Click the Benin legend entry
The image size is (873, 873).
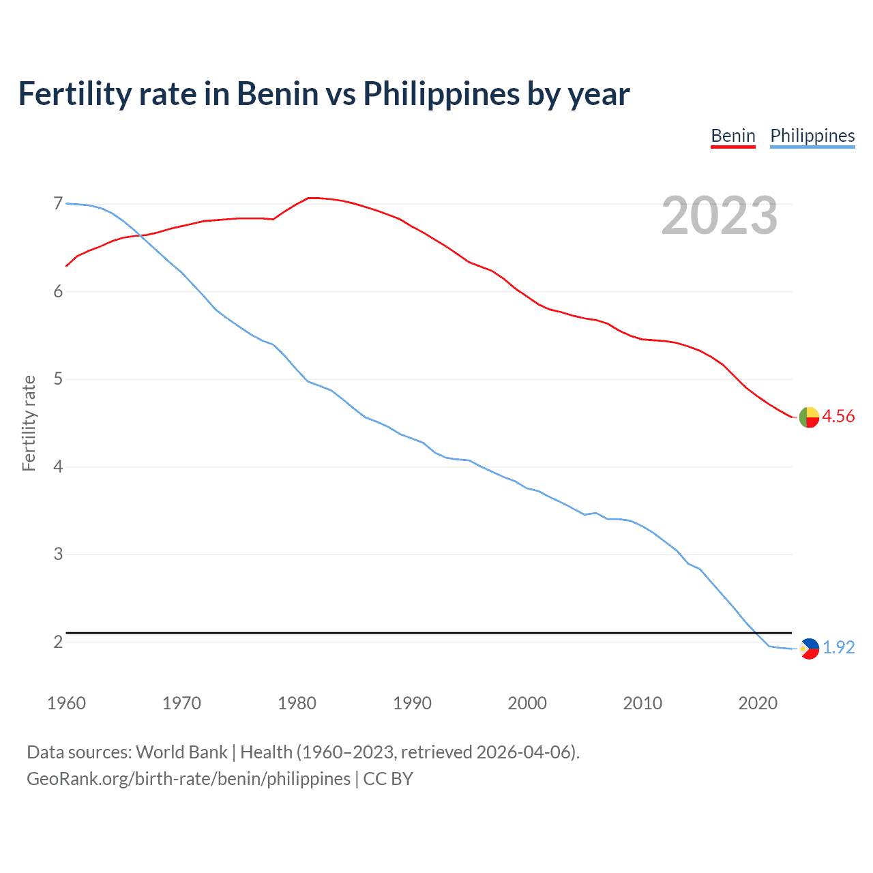733,136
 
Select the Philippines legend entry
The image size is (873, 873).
812,136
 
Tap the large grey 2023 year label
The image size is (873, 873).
720,216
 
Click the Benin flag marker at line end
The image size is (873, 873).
809,417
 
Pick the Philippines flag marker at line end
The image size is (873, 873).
809,648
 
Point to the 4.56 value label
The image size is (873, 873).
838,417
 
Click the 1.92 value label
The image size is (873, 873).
838,648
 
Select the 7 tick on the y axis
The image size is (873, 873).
58,204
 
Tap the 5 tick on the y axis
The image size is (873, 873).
58,379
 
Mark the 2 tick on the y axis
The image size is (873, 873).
58,642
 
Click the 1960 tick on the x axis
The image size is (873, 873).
66,703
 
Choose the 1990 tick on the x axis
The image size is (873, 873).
412,703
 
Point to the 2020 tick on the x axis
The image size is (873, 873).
758,703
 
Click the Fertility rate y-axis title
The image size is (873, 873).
29,423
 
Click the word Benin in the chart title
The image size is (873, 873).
278,94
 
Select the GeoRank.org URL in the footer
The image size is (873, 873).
188,779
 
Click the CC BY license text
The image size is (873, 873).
388,779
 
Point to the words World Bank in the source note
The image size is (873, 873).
181,752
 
